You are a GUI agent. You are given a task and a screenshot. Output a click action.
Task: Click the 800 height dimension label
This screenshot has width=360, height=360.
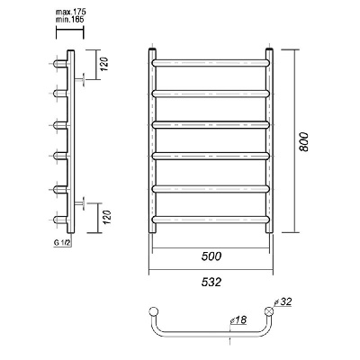coord(304,141)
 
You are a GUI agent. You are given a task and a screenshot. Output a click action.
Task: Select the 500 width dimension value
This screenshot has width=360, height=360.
coord(211,256)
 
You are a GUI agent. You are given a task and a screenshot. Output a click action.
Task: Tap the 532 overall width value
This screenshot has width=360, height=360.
coord(211,282)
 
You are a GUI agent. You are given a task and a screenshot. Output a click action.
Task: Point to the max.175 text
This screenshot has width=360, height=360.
coord(71,13)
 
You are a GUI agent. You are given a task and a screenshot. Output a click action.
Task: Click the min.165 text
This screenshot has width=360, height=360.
coord(69,20)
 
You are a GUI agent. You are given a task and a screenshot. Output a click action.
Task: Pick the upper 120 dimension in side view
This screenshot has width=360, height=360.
coord(104,64)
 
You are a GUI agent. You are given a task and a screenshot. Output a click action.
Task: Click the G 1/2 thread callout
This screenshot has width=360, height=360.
coord(62,243)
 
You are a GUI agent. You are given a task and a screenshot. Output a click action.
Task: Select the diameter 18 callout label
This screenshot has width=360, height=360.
coord(238,320)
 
